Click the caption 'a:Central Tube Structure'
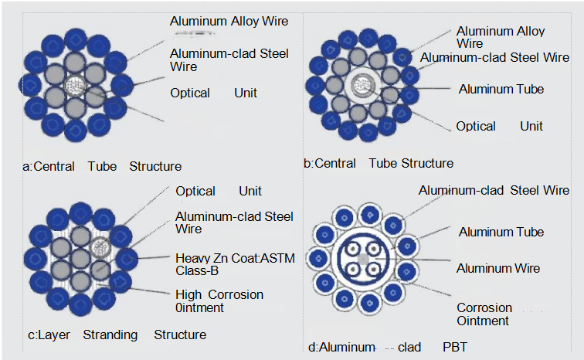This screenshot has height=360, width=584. coord(103,166)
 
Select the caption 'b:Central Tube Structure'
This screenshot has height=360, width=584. coord(379,163)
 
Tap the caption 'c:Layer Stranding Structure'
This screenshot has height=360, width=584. coord(117,335)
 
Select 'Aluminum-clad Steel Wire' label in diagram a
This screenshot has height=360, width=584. coord(229,59)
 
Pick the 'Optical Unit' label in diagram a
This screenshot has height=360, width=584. coord(214,93)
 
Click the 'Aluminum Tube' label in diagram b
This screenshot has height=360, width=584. coord(501,89)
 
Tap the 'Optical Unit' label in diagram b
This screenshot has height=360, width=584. coord(499,126)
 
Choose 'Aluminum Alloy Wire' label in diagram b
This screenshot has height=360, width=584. coord(501,37)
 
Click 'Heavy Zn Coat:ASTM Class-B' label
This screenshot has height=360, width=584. coord(235,264)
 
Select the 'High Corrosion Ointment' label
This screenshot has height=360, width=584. coord(219,301)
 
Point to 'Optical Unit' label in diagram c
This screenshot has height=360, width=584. coord(219,191)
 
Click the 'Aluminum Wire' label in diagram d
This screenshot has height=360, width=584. coord(497,268)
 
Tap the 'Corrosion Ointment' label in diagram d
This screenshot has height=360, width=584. coord(484,314)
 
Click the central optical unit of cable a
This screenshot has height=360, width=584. coord(76,86)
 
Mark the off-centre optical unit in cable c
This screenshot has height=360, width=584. coord(98,248)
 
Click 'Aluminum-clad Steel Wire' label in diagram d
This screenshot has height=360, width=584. coord(494,190)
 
